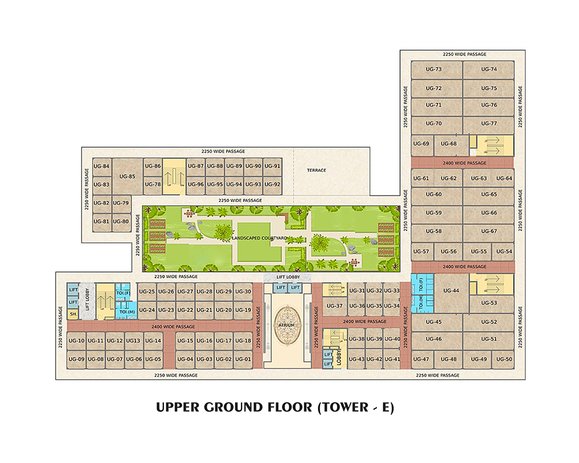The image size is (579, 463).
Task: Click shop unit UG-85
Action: [127, 177]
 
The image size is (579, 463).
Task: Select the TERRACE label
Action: [317, 170]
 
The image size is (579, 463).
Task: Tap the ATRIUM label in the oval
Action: [287, 325]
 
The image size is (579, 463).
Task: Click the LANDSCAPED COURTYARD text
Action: [259, 238]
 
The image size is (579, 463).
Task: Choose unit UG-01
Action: [243, 359]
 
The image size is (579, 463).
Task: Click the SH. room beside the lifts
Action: [73, 314]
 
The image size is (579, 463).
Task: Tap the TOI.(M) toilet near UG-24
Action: [126, 310]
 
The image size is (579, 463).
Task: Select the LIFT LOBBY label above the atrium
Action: [288, 277]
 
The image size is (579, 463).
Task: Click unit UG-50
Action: [503, 359]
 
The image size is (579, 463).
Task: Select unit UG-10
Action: [76, 341]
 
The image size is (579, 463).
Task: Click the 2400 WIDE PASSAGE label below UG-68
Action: [464, 163]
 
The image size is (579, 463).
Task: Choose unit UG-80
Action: [121, 222]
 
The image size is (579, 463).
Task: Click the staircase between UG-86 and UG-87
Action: [174, 177]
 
